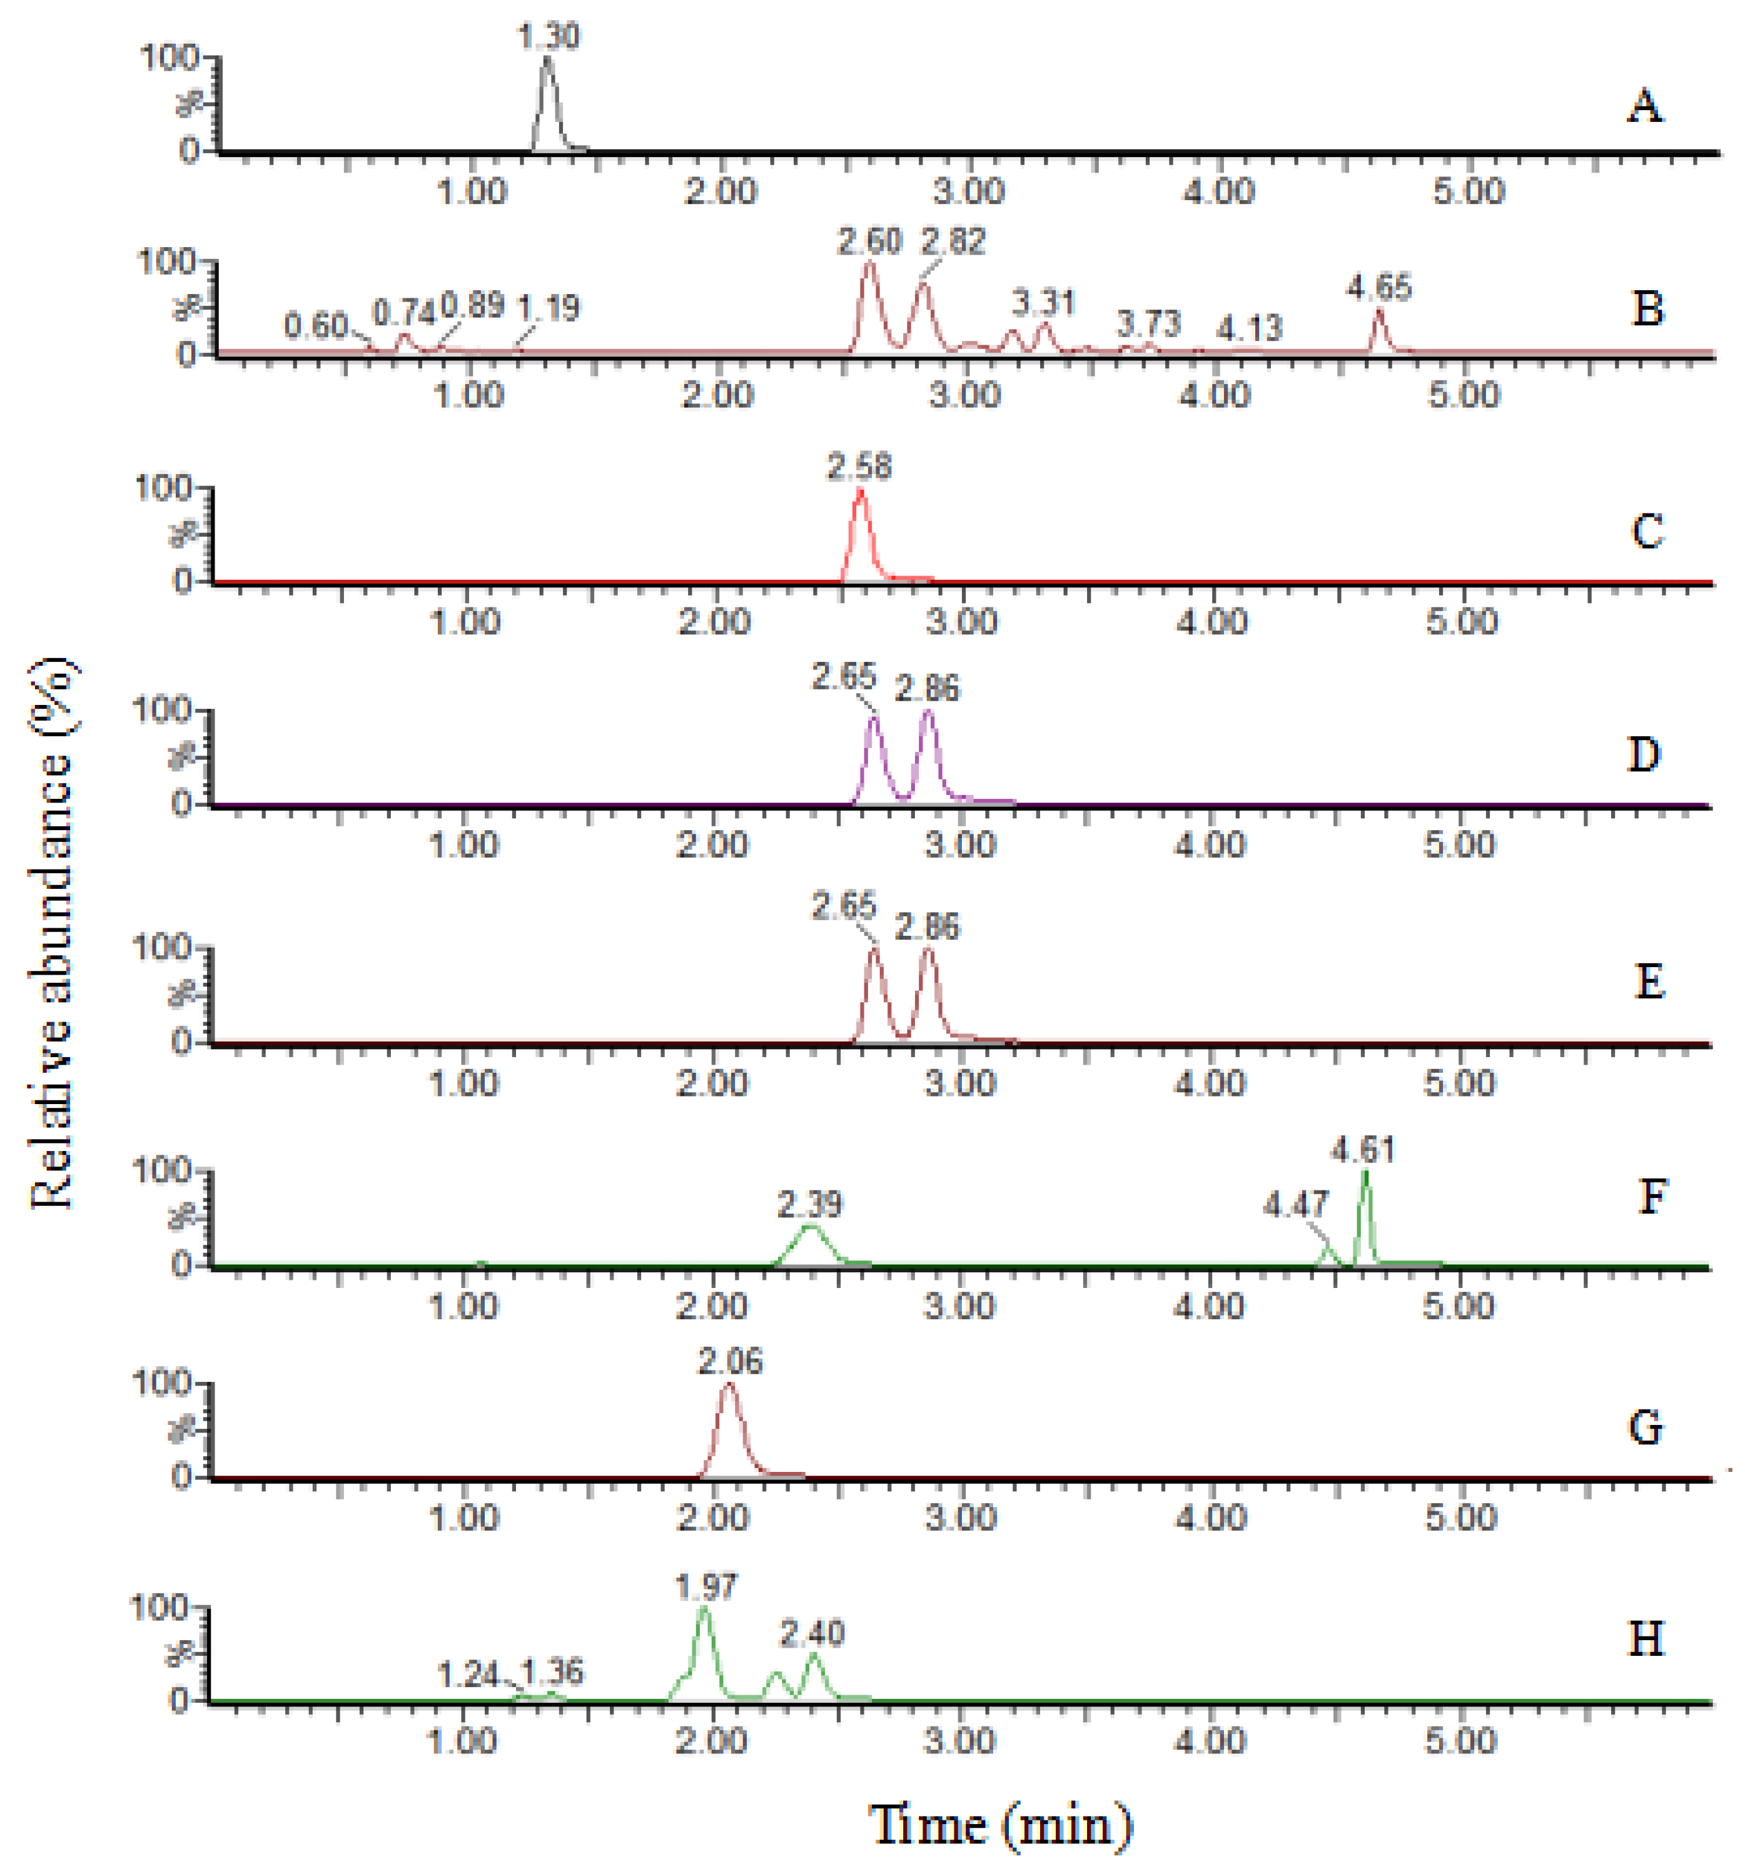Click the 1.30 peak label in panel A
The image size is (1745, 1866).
click(549, 37)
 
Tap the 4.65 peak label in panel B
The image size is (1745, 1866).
click(1379, 287)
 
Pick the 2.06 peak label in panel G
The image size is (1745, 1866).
click(731, 1361)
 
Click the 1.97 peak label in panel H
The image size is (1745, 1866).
click(706, 1587)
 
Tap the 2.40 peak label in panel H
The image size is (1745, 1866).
click(813, 1634)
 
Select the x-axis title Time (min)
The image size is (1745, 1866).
click(1001, 1825)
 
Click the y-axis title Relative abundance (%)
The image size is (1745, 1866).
click(54, 933)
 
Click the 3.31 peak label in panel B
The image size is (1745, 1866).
click(1043, 303)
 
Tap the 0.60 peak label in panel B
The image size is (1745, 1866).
click(316, 327)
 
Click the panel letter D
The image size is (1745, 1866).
click(1644, 754)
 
